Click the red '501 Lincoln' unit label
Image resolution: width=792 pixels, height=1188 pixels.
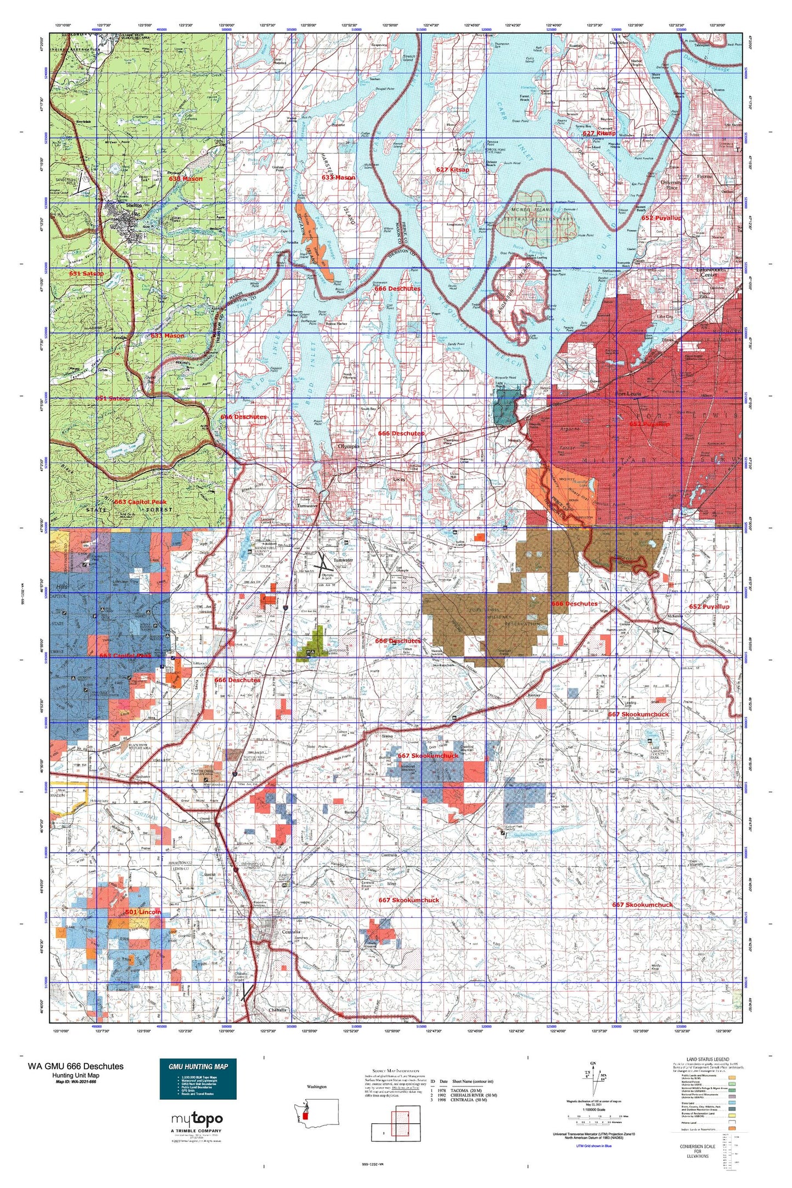pyautogui.click(x=143, y=912)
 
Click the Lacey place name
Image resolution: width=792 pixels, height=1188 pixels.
pyautogui.click(x=398, y=479)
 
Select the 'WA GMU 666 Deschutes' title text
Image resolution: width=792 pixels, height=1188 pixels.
pyautogui.click(x=76, y=1066)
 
